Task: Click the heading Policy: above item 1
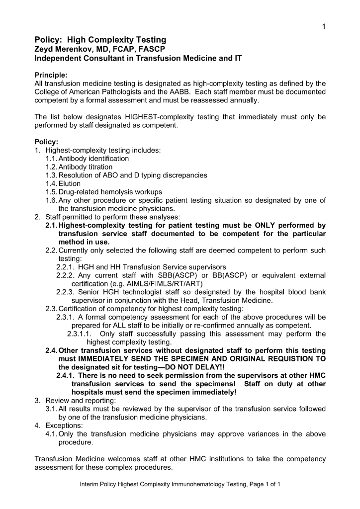pyautogui.click(x=46, y=142)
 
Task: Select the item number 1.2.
pyautogui.click(x=51, y=167)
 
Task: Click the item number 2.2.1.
pyautogui.click(x=65, y=267)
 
